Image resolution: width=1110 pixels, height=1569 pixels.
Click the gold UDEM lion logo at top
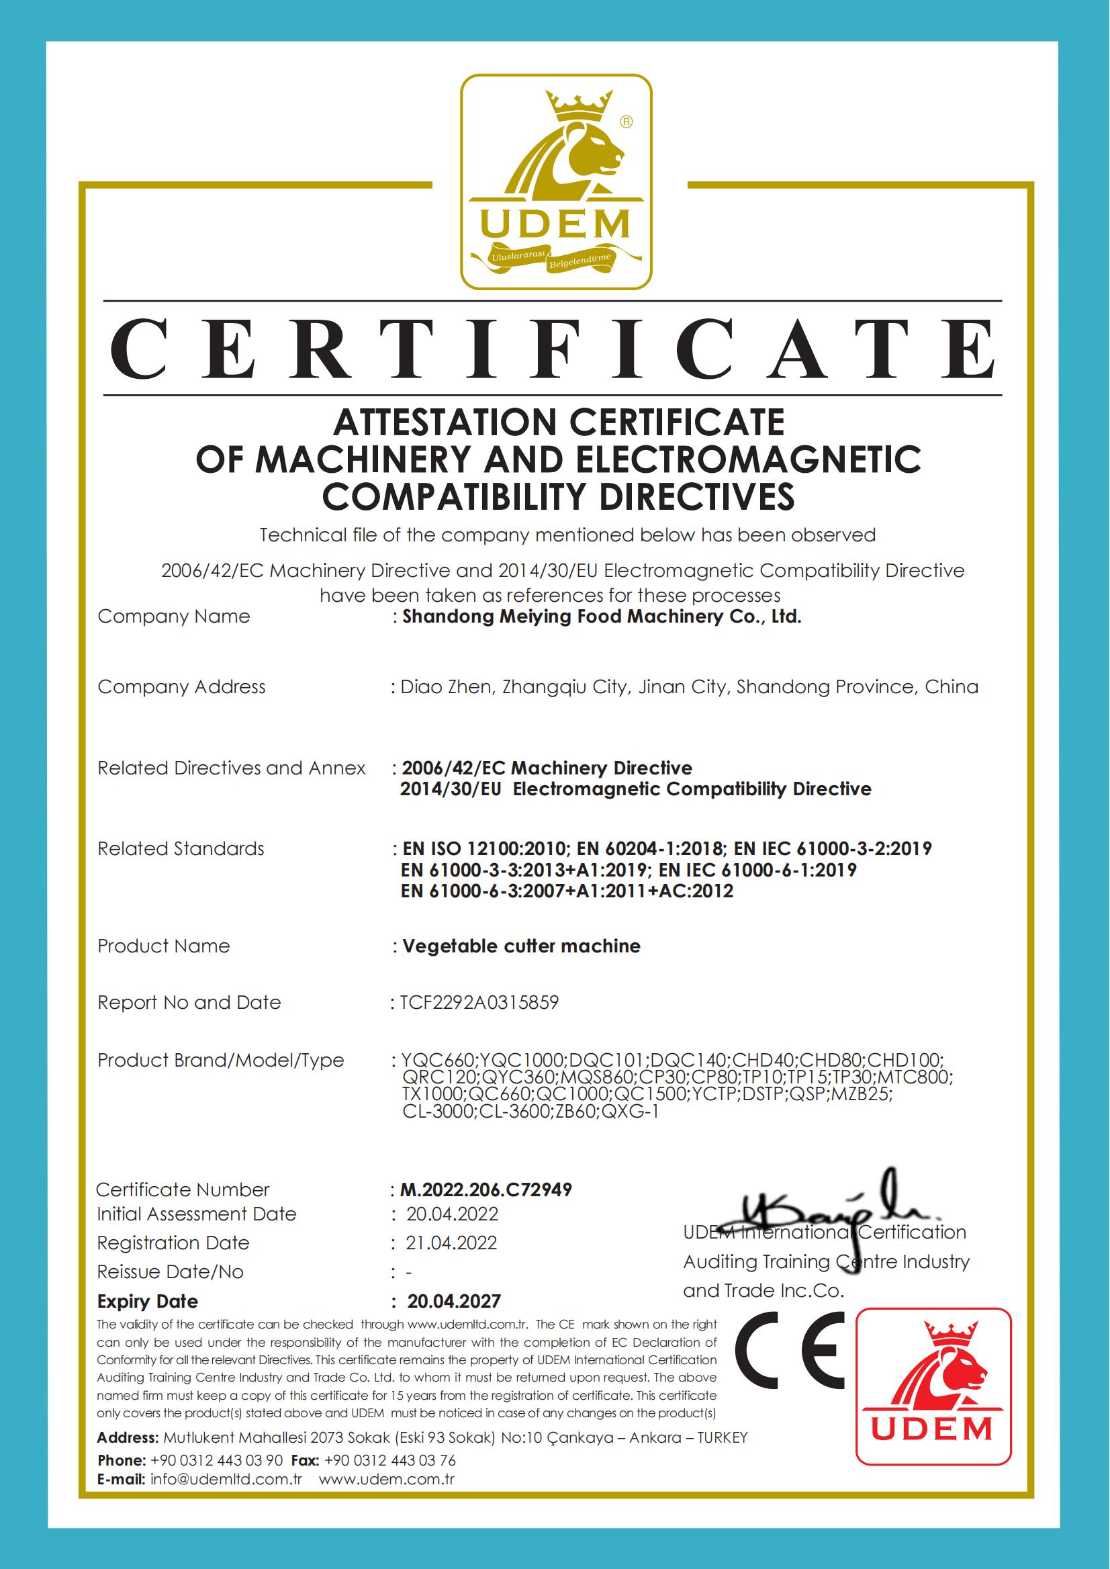tap(556, 182)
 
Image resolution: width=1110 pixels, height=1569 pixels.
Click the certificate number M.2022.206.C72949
tap(485, 1190)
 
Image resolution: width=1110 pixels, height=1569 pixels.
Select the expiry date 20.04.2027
tap(454, 1301)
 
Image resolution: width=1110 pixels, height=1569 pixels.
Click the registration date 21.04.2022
tap(451, 1243)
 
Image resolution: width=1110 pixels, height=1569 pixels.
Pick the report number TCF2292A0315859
tap(479, 1002)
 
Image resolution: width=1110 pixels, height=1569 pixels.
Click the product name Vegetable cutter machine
tap(521, 946)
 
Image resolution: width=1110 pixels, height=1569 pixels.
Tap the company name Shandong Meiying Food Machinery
tap(602, 617)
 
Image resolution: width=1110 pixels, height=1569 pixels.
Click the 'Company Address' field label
tap(181, 686)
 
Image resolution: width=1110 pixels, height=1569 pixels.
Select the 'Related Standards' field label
tap(181, 848)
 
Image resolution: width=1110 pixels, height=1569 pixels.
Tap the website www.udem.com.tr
tap(386, 1479)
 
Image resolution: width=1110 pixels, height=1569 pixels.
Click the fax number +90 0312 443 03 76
tap(389, 1460)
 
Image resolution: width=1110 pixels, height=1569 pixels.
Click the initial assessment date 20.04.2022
tap(452, 1214)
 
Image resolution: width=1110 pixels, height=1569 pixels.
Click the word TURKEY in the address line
tap(723, 1438)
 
